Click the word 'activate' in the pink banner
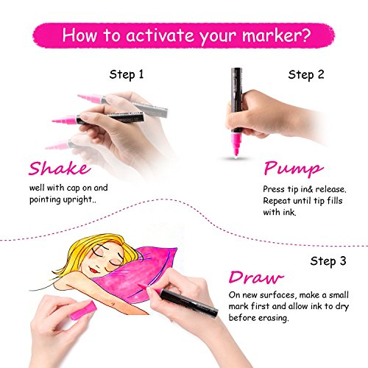(160, 35)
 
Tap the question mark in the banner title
(305, 35)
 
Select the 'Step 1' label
(127, 74)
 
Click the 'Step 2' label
(306, 74)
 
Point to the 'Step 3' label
(328, 261)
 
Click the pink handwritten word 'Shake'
(60, 169)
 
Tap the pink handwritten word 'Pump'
(294, 169)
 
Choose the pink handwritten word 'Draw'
(256, 277)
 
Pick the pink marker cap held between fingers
(83, 311)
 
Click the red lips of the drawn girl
(93, 270)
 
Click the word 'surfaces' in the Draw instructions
(277, 295)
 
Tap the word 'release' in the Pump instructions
(330, 189)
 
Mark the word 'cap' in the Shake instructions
(74, 188)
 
